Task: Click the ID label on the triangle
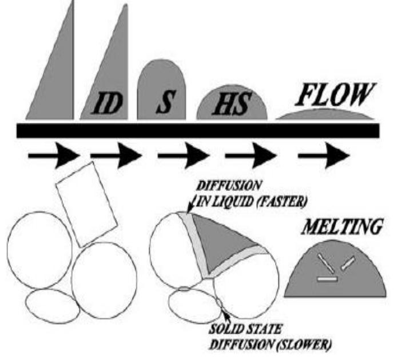point(107,103)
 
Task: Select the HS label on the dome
point(232,103)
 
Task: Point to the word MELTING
point(343,227)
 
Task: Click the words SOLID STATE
point(245,329)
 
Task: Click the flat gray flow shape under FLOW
point(325,114)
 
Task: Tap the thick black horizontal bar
point(198,130)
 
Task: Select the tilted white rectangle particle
point(86,205)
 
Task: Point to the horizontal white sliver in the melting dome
point(327,279)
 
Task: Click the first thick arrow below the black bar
point(54,155)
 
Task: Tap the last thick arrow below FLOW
point(324,155)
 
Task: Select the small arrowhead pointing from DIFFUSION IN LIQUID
point(190,209)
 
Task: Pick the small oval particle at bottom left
point(53,306)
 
